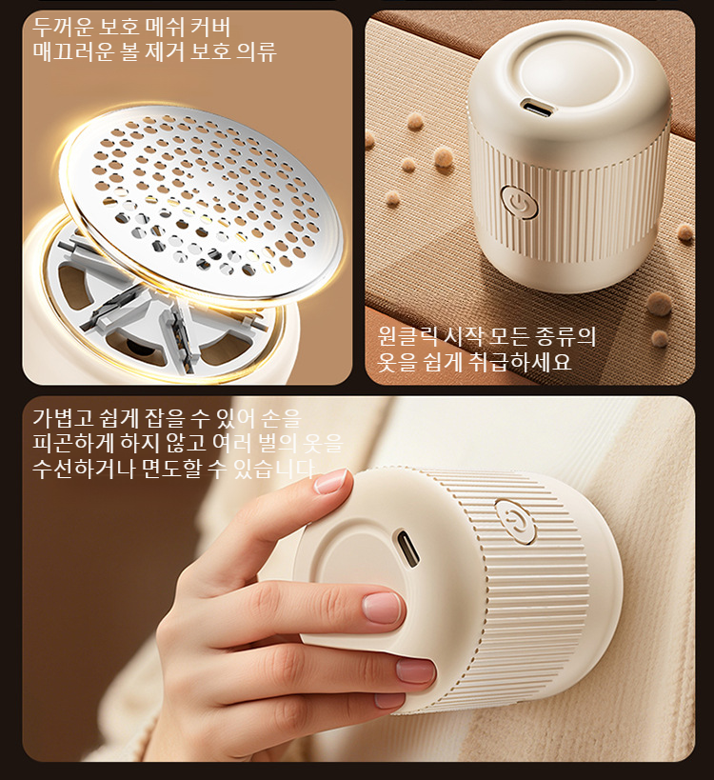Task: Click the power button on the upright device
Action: click(516, 201)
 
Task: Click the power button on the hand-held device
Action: click(515, 520)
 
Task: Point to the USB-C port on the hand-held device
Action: click(407, 550)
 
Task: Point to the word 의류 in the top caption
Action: click(256, 51)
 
